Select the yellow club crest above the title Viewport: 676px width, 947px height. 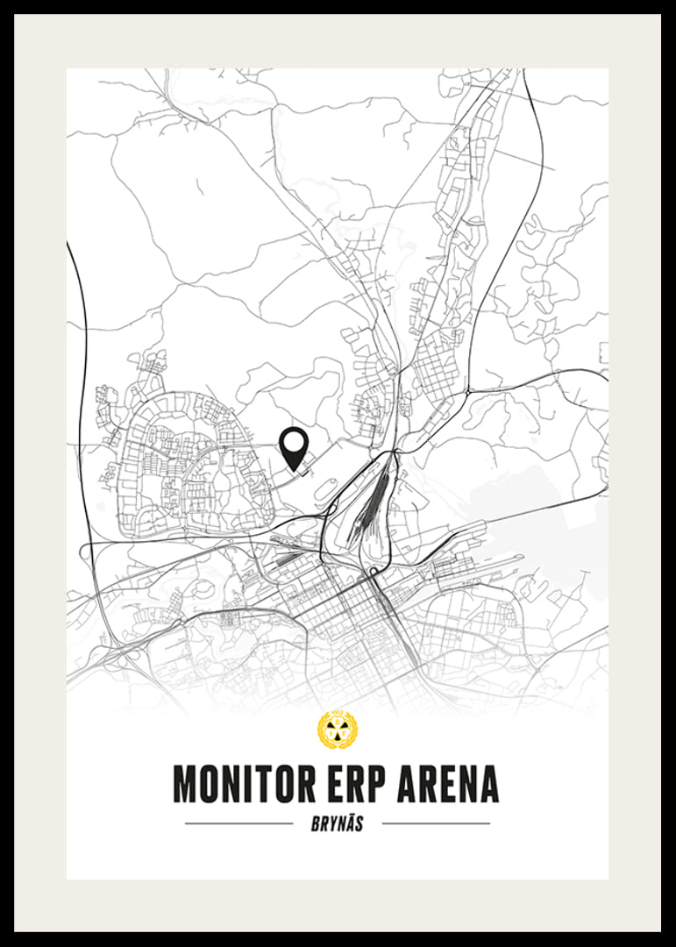(337, 730)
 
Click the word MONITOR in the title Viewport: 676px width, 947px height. (246, 784)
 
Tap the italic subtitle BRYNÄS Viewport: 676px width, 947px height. (338, 824)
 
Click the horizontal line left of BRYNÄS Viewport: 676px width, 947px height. (238, 824)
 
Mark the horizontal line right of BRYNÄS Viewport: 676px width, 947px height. (436, 824)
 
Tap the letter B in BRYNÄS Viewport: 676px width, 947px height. (316, 824)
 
